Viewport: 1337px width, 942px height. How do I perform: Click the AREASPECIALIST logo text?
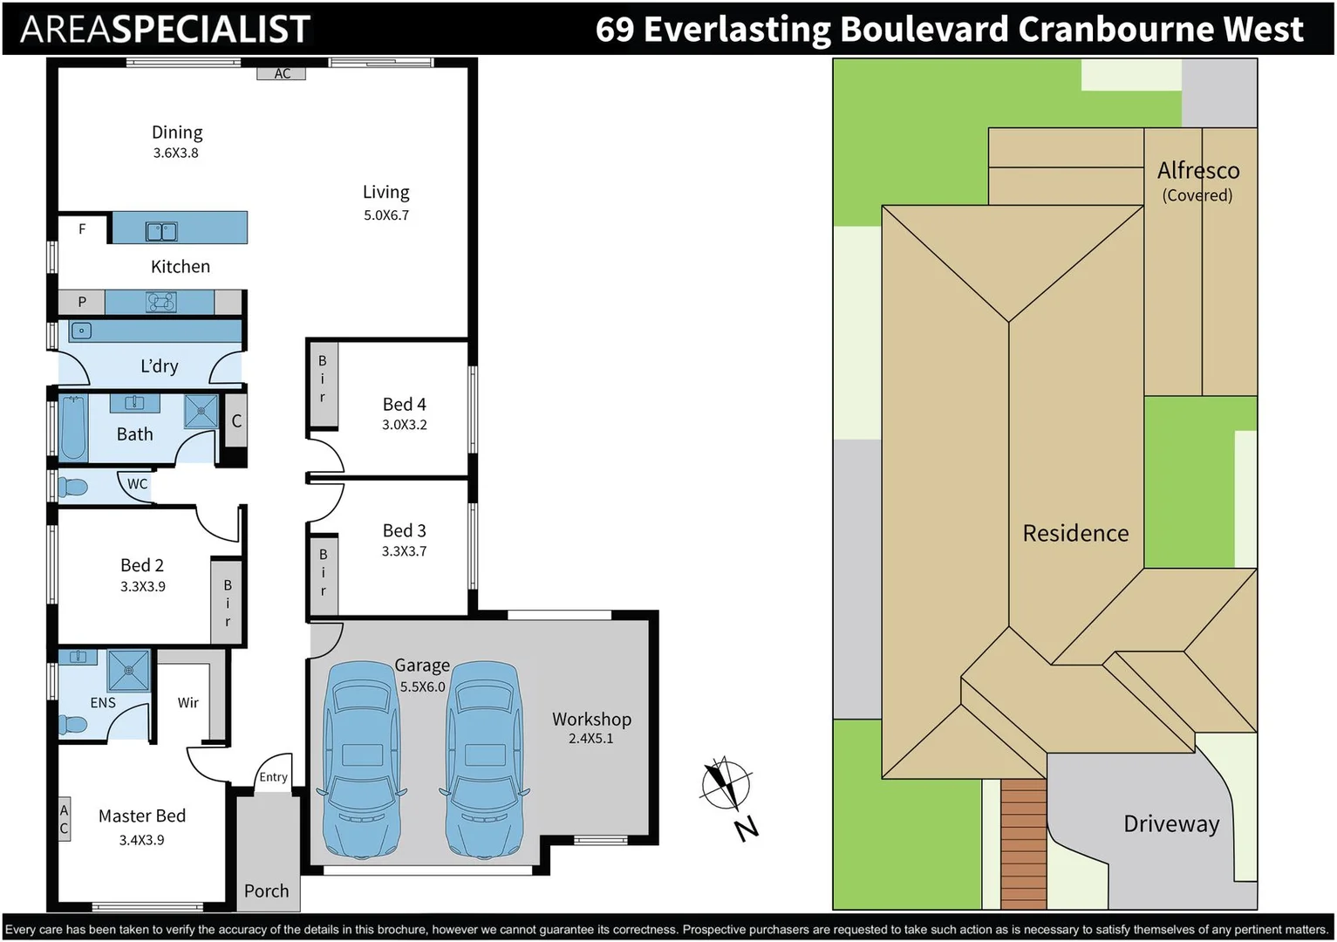click(x=165, y=30)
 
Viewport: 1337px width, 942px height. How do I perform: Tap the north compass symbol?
click(x=726, y=782)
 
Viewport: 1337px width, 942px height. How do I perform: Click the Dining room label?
click(x=177, y=133)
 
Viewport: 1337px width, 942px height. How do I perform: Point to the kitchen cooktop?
click(x=160, y=302)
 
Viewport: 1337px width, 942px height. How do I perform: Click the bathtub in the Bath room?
click(x=73, y=427)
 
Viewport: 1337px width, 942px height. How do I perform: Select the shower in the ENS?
click(x=128, y=670)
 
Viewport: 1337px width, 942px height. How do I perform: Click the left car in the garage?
click(x=361, y=759)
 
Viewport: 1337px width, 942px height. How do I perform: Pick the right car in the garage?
click(x=484, y=759)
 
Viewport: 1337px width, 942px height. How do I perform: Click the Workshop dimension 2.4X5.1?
click(x=590, y=739)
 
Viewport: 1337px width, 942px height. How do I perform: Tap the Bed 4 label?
click(x=404, y=405)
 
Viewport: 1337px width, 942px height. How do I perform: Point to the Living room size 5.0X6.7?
click(x=386, y=215)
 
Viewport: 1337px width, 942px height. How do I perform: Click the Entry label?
click(x=273, y=777)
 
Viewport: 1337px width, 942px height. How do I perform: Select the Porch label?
click(x=266, y=891)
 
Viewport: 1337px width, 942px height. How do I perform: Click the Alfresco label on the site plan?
click(x=1198, y=171)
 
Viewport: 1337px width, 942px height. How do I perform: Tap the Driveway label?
click(x=1171, y=824)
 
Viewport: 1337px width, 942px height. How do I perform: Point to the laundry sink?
click(x=81, y=331)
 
